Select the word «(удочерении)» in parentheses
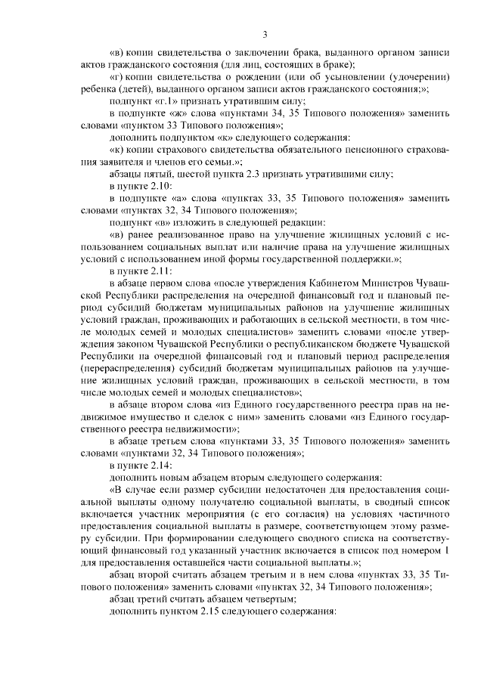[417, 78]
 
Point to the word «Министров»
[392, 283]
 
